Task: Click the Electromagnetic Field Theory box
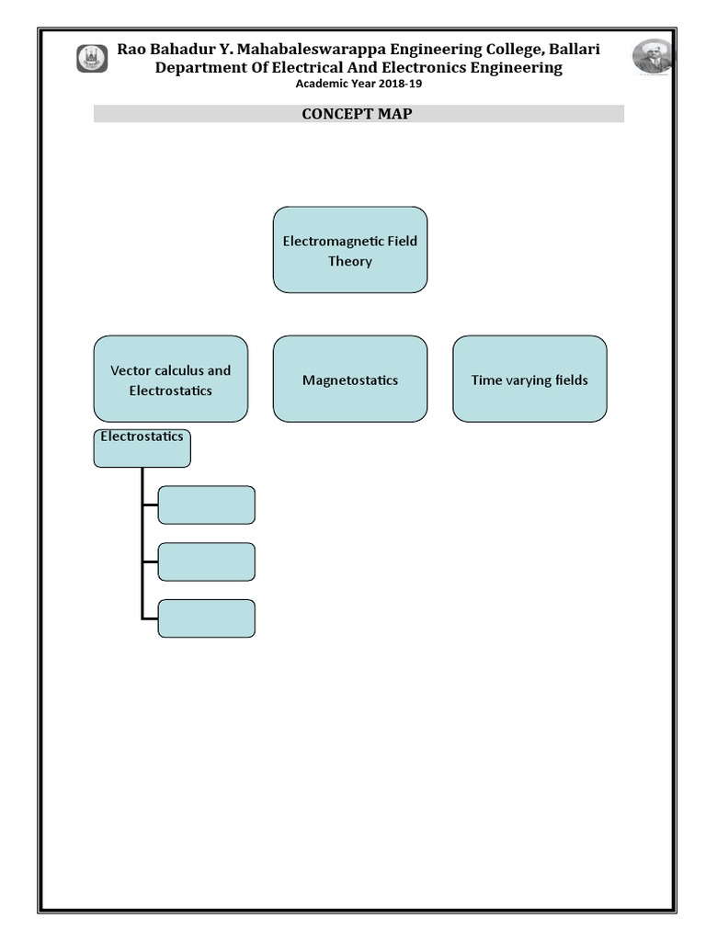pos(350,250)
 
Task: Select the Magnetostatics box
pos(350,379)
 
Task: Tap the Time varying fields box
pos(529,379)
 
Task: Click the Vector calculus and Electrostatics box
pos(170,379)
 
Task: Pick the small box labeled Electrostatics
pos(142,447)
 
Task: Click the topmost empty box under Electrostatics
pos(207,505)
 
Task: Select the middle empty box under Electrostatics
pos(207,561)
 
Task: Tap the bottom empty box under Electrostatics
pos(207,618)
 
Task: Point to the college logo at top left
pos(92,59)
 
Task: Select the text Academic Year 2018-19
pos(359,85)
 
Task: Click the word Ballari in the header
pos(575,49)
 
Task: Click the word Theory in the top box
pos(350,261)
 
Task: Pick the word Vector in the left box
pos(131,370)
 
